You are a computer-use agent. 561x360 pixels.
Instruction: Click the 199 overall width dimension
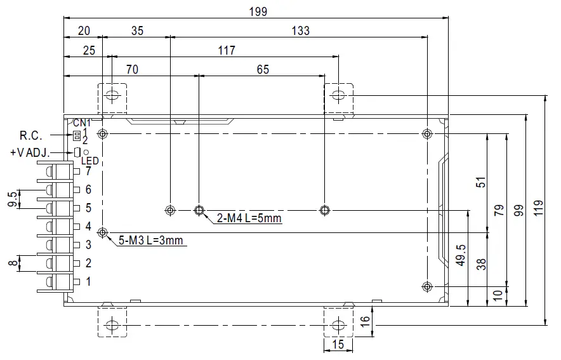click(x=258, y=11)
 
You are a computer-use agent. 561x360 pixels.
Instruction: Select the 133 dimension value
click(x=301, y=30)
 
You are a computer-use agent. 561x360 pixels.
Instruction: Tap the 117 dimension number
click(x=227, y=50)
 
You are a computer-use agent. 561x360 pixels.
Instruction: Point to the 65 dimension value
click(x=263, y=69)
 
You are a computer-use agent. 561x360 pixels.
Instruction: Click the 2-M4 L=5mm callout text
click(x=249, y=218)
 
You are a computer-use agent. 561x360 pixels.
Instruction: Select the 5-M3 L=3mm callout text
click(x=150, y=240)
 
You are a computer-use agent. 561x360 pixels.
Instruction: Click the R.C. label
click(x=30, y=135)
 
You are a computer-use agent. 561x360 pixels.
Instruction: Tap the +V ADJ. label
click(x=30, y=153)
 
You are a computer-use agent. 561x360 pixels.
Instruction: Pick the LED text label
click(x=90, y=161)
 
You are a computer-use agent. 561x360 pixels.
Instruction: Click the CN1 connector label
click(x=82, y=123)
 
